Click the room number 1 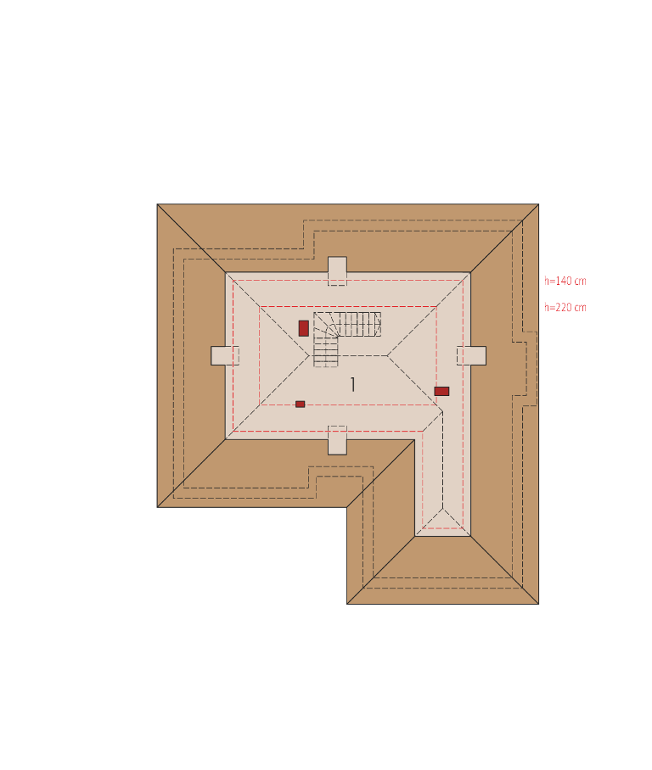pyautogui.click(x=352, y=384)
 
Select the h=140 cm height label pyautogui.click(x=565, y=281)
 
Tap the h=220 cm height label pyautogui.click(x=565, y=308)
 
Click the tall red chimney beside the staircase pyautogui.click(x=303, y=328)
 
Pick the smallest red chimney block pyautogui.click(x=300, y=405)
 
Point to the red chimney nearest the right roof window pyautogui.click(x=441, y=392)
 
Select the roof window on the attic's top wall pyautogui.click(x=337, y=271)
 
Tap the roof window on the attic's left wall pyautogui.click(x=225, y=355)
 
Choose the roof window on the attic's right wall pyautogui.click(x=471, y=355)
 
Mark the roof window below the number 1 pyautogui.click(x=337, y=440)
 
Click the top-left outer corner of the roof pyautogui.click(x=157, y=204)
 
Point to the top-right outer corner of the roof pyautogui.click(x=538, y=204)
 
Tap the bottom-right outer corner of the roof pyautogui.click(x=538, y=604)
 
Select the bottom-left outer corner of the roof pyautogui.click(x=157, y=507)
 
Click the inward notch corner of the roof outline pyautogui.click(x=346, y=507)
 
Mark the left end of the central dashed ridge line pyautogui.click(x=309, y=355)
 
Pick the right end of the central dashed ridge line pyautogui.click(x=387, y=355)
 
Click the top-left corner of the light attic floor pyautogui.click(x=226, y=272)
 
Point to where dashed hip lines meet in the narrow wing pyautogui.click(x=442, y=508)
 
